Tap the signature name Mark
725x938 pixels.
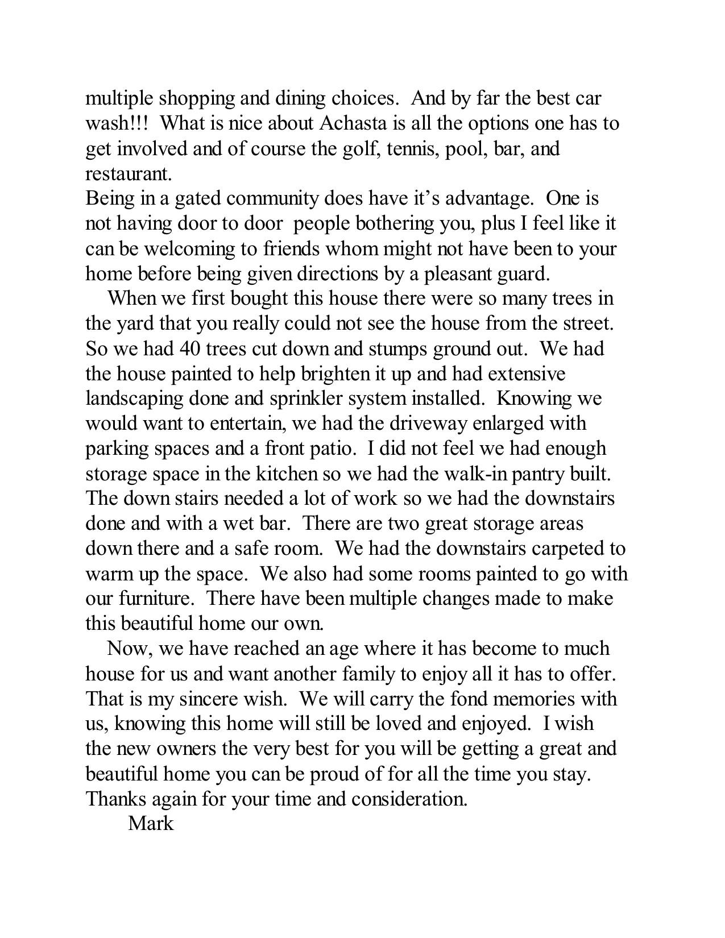click(x=151, y=823)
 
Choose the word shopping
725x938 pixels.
click(x=197, y=99)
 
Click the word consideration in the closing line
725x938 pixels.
click(x=409, y=799)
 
